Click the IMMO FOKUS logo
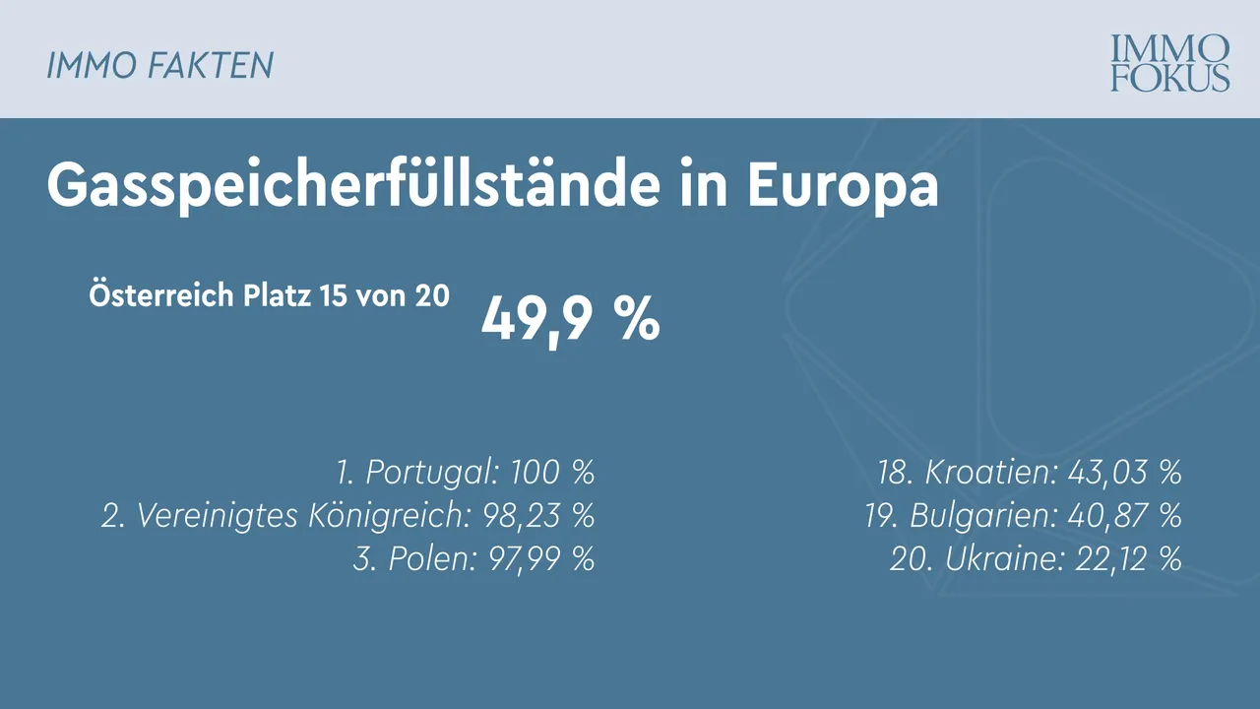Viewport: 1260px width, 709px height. [1170, 63]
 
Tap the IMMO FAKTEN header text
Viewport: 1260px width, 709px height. [159, 65]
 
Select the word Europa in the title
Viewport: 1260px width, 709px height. [843, 185]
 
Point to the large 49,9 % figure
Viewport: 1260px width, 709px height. [570, 319]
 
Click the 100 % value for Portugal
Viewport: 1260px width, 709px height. [552, 473]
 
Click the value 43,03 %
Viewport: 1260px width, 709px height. [1125, 473]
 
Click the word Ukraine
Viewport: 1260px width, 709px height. [1000, 559]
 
